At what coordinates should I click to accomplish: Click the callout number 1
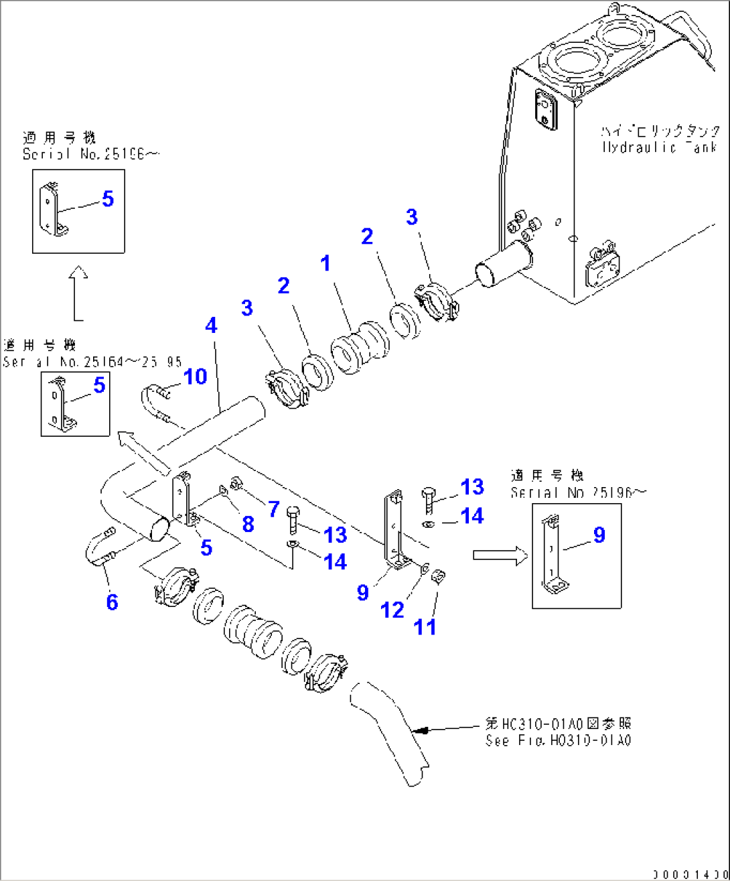pyautogui.click(x=325, y=263)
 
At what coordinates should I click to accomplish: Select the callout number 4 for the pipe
pyautogui.click(x=211, y=326)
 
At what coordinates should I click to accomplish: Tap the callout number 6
pyautogui.click(x=112, y=602)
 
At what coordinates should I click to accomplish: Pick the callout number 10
pyautogui.click(x=195, y=377)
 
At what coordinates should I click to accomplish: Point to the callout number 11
pyautogui.click(x=425, y=626)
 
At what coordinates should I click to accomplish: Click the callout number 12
pyautogui.click(x=392, y=610)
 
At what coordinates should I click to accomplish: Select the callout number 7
pyautogui.click(x=273, y=509)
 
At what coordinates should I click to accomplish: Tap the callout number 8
pyautogui.click(x=248, y=524)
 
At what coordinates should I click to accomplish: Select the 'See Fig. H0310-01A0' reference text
pyautogui.click(x=558, y=740)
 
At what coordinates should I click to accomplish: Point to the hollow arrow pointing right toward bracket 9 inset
pyautogui.click(x=500, y=555)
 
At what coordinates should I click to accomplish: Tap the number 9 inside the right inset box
pyautogui.click(x=599, y=534)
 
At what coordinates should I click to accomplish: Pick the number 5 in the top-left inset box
pyautogui.click(x=108, y=199)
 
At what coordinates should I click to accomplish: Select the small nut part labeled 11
pyautogui.click(x=439, y=575)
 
